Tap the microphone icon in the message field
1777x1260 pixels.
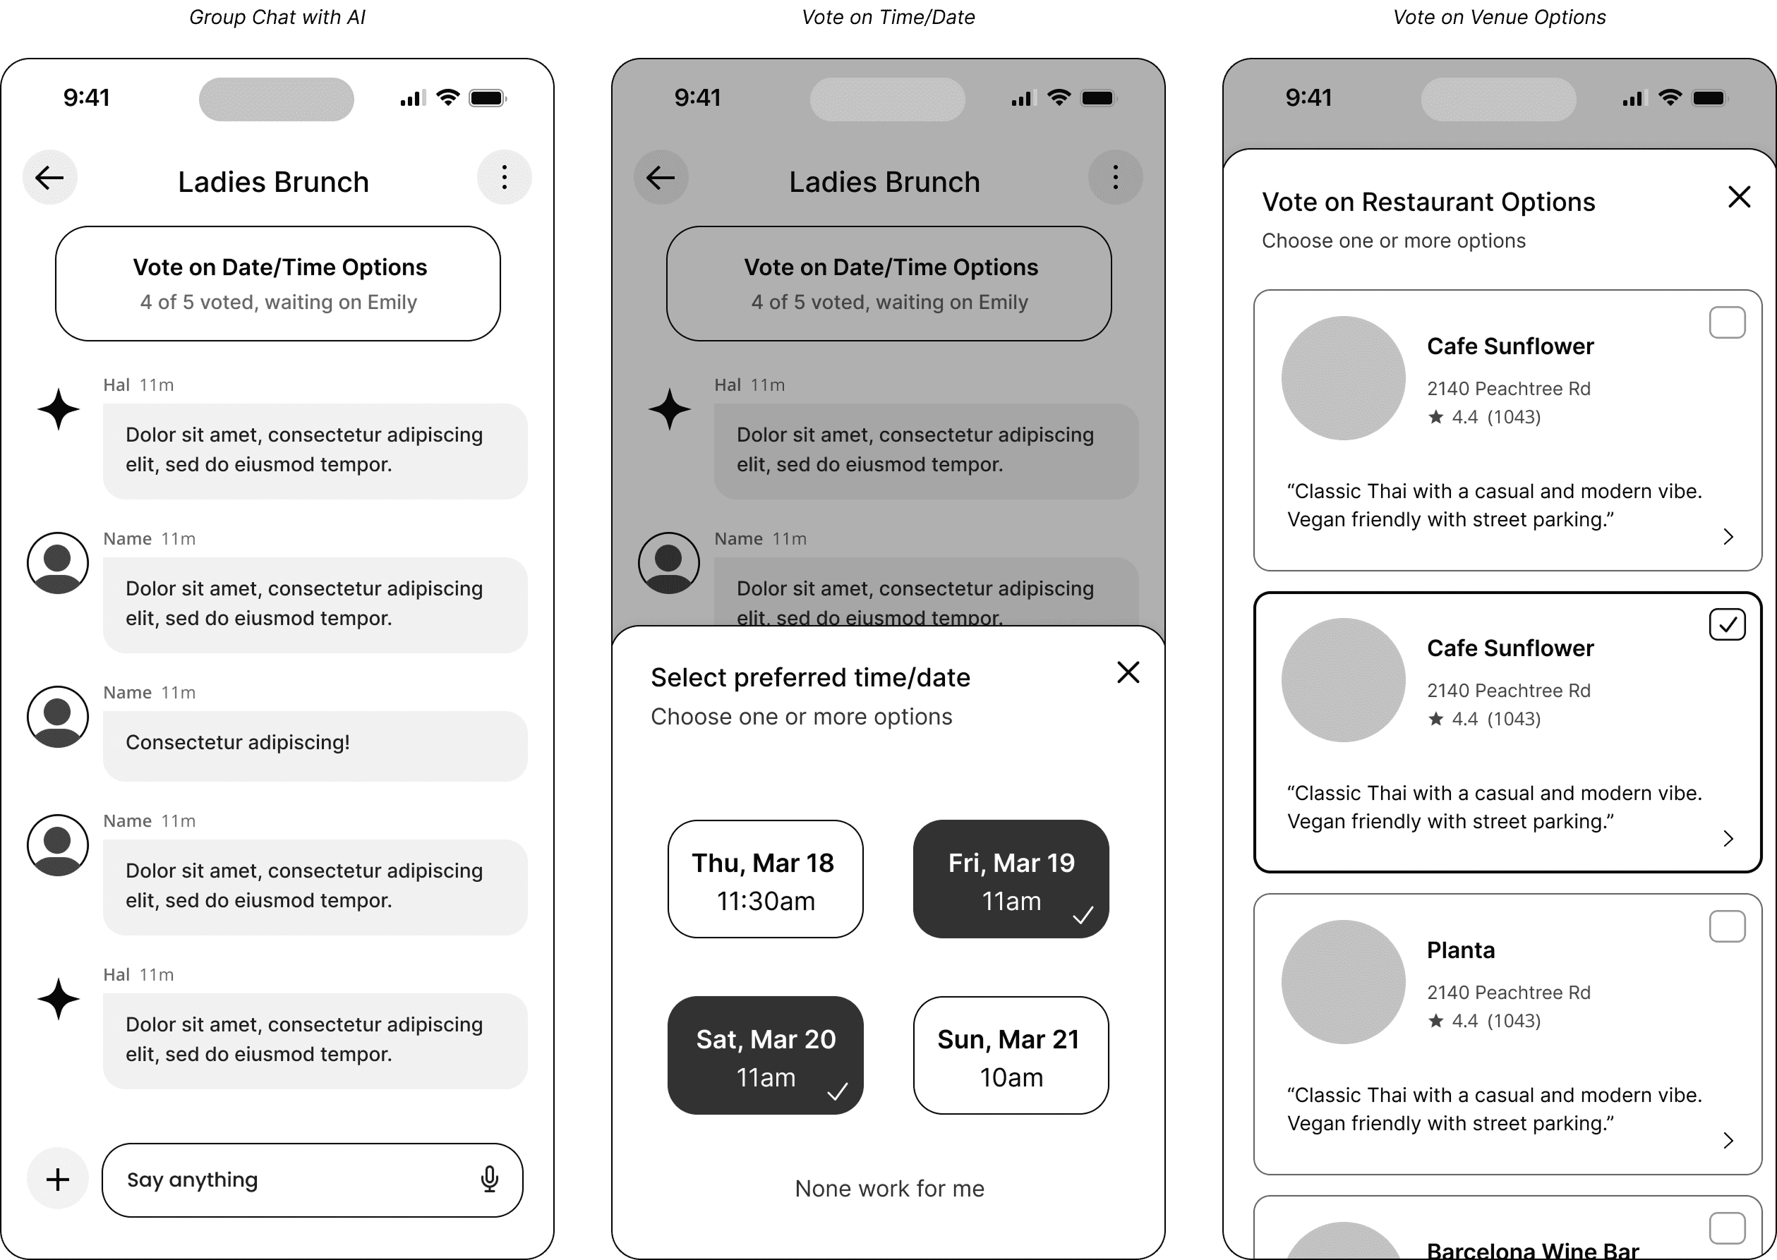click(489, 1179)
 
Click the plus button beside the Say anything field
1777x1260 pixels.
click(57, 1180)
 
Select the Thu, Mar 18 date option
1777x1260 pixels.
click(765, 879)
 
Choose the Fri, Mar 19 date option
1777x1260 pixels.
click(1011, 879)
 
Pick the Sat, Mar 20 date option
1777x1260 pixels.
click(765, 1055)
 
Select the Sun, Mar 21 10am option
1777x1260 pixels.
click(1011, 1055)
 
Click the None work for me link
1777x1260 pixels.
click(889, 1189)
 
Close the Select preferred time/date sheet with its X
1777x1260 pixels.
click(1128, 672)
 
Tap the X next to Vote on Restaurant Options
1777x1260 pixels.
click(1739, 197)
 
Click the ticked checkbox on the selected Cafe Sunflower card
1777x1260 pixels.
click(1727, 624)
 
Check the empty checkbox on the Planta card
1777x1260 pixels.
click(1727, 926)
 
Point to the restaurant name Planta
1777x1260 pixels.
click(1460, 950)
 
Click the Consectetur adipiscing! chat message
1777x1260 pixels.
click(237, 742)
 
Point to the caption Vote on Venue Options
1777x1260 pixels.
click(1499, 17)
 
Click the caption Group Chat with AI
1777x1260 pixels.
click(277, 17)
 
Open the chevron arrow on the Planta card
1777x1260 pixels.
click(1728, 1140)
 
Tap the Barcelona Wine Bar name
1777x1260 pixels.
click(1533, 1249)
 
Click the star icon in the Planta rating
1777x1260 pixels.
click(1435, 1021)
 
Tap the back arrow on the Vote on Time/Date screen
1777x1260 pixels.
click(661, 178)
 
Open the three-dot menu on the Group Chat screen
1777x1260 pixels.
click(505, 178)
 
